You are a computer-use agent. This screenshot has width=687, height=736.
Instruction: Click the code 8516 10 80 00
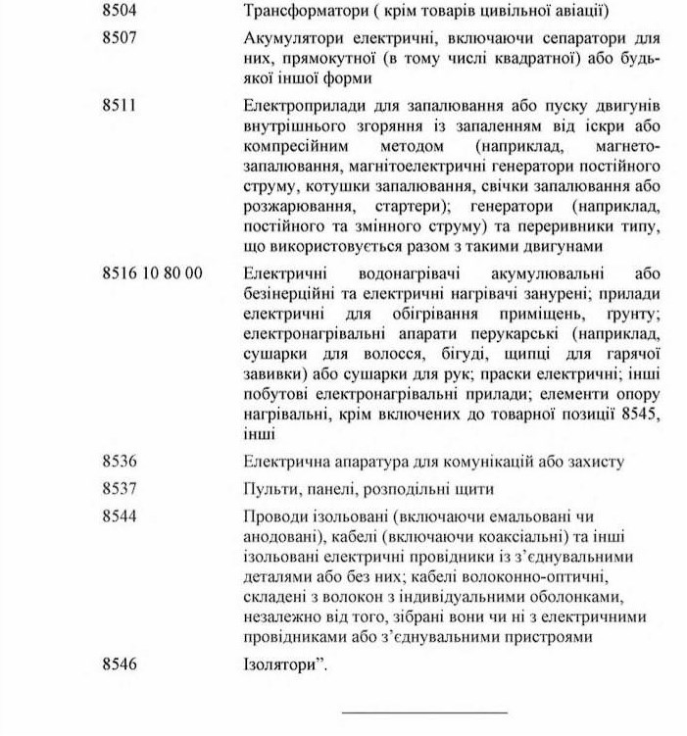click(152, 272)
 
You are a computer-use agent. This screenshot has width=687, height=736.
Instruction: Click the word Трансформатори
click(296, 13)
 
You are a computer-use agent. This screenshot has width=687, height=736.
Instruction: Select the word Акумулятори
click(284, 40)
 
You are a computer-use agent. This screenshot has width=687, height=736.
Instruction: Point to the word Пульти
click(266, 488)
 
